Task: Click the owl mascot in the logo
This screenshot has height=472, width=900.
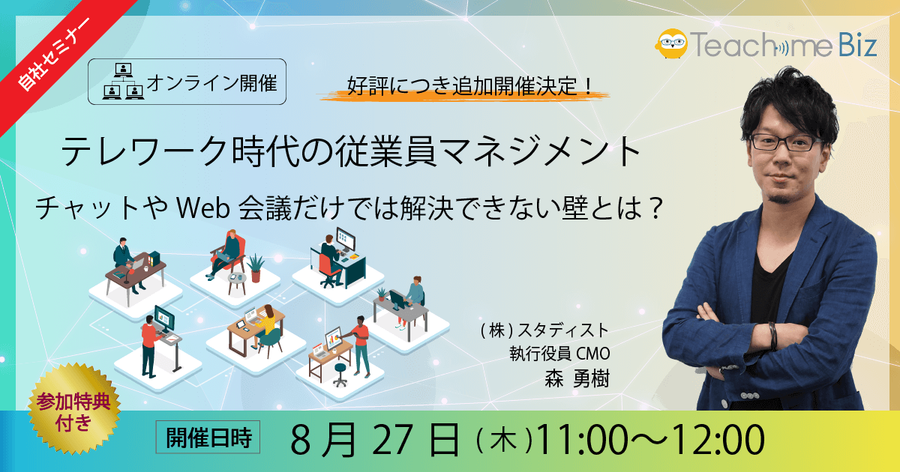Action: pos(671,43)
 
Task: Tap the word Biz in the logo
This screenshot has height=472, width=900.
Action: pos(857,46)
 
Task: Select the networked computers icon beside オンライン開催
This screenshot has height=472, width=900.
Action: pos(123,82)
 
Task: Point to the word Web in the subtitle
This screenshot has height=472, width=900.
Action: pos(203,208)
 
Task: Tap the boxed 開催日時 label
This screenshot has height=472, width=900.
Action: pos(208,437)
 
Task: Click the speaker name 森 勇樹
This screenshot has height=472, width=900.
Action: pos(577,378)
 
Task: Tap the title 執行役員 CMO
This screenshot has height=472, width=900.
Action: pos(559,354)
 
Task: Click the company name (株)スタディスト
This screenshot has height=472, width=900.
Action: pos(544,330)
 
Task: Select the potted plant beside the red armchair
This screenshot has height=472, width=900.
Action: pos(256,267)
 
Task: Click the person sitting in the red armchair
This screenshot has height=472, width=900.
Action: pos(225,254)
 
